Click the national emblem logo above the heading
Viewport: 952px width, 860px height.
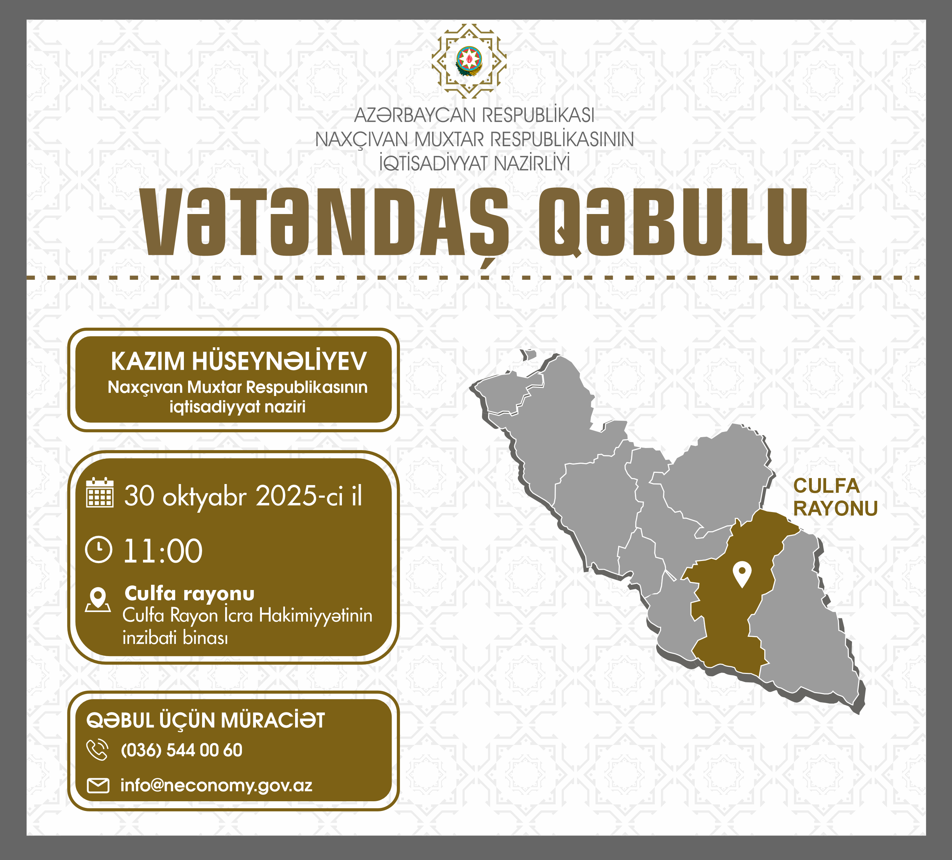point(469,61)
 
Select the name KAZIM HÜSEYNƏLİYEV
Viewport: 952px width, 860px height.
point(238,361)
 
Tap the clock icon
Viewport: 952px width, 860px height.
point(99,549)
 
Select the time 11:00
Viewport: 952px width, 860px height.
point(163,551)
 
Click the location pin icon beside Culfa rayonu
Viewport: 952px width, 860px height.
point(98,600)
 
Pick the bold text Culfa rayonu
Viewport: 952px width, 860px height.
point(189,594)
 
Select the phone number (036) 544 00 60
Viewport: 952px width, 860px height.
point(182,750)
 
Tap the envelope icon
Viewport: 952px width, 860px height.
point(98,786)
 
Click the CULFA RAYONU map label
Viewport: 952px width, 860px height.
point(835,497)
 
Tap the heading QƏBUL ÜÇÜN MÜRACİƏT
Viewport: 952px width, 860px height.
point(206,720)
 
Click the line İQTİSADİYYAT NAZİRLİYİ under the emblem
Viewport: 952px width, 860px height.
point(474,163)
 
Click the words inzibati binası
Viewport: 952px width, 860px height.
point(175,638)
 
